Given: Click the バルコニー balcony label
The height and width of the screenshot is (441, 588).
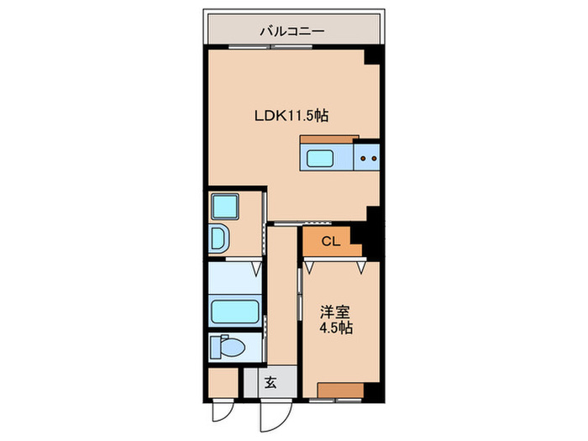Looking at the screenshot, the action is (x=292, y=31).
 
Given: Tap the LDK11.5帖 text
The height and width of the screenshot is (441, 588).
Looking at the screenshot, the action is (x=291, y=116).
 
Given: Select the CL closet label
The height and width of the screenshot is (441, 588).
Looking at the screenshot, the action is (x=331, y=242).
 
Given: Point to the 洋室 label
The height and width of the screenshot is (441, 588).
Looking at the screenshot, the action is (x=335, y=312).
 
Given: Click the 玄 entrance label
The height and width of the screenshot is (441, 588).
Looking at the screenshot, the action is (x=270, y=383).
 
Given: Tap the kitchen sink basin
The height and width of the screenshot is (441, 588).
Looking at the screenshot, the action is (x=321, y=158).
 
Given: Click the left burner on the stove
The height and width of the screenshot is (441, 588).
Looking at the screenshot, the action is (x=363, y=158).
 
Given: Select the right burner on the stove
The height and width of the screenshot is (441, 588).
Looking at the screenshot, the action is (x=374, y=158).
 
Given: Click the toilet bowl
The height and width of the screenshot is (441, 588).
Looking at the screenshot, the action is (x=233, y=347).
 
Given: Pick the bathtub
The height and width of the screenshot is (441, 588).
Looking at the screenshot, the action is (x=235, y=312).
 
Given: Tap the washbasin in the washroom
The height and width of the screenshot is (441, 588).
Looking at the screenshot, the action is (x=218, y=238).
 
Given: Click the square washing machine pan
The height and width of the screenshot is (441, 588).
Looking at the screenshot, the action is (x=225, y=207).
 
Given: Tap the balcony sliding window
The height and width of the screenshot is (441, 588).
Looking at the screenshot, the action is (x=270, y=47).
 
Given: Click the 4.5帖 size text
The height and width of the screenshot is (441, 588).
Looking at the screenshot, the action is (x=336, y=328).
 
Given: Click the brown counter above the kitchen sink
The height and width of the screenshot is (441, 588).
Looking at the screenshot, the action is (x=329, y=139).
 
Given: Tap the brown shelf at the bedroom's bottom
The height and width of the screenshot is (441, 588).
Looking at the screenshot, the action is (x=340, y=391).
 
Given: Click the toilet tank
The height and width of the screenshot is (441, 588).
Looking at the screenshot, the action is (x=216, y=347).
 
